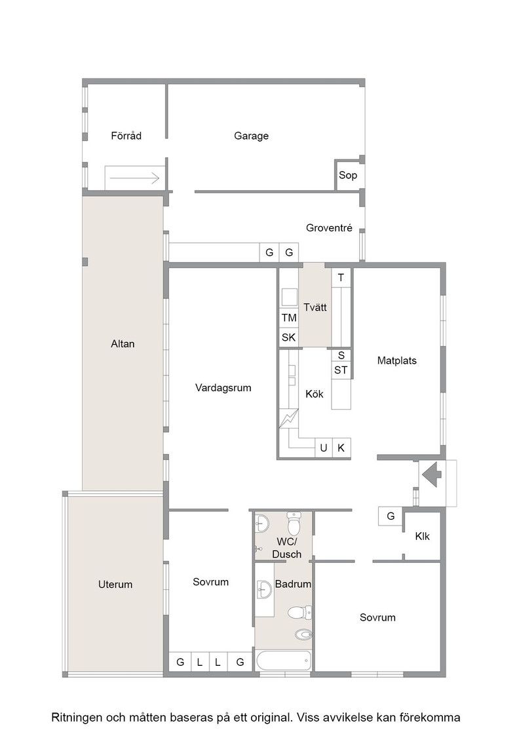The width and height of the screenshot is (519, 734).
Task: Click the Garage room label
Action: click(x=252, y=136)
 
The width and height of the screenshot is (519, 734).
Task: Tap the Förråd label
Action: click(x=126, y=136)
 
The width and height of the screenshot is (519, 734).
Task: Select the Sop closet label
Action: click(x=348, y=175)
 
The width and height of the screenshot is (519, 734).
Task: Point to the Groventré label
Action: click(x=329, y=228)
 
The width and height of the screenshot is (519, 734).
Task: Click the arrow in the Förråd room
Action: click(x=135, y=178)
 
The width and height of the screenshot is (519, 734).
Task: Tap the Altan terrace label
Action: click(x=123, y=343)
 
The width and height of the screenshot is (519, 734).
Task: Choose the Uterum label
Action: click(x=115, y=584)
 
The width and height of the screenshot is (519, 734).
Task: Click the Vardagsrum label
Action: click(x=223, y=387)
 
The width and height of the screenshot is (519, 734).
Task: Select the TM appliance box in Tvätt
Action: click(x=289, y=318)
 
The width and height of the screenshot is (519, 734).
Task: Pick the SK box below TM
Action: click(x=289, y=338)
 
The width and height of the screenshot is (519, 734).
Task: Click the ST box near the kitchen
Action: click(x=341, y=370)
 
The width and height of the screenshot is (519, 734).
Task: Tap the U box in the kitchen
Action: click(x=323, y=448)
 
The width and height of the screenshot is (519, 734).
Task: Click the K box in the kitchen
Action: click(x=341, y=448)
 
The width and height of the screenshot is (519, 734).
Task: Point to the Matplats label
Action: click(x=397, y=360)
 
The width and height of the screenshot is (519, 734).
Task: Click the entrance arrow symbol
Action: click(x=432, y=474)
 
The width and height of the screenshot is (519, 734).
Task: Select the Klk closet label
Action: click(x=422, y=537)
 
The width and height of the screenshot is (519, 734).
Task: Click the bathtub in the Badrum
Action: click(x=283, y=661)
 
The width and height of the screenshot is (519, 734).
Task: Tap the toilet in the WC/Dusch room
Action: click(x=294, y=524)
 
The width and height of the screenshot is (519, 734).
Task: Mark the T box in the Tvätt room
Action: click(x=341, y=277)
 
